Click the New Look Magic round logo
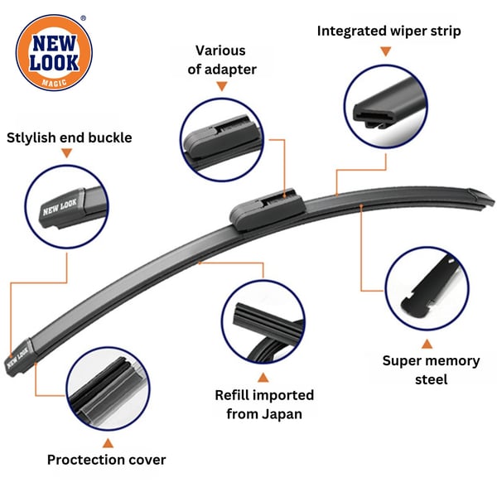click(54, 53)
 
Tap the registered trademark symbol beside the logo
click(83, 18)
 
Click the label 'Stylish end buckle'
click(70, 138)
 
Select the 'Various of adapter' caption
click(221, 60)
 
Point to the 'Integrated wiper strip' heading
click(389, 31)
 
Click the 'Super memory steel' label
click(431, 370)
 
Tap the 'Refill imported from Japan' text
click(264, 404)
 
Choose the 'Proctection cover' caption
click(107, 460)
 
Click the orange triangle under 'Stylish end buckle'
click(66, 153)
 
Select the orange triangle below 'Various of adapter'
click(222, 86)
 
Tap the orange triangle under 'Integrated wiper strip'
click(386, 51)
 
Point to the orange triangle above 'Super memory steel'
click(427, 344)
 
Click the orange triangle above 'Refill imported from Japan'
click(263, 378)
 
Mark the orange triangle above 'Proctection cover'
click(108, 443)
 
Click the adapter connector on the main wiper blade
click(267, 210)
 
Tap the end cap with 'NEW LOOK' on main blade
click(19, 357)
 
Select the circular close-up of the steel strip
click(427, 288)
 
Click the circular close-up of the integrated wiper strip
click(386, 106)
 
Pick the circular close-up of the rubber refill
click(263, 322)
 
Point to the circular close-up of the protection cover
click(108, 388)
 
